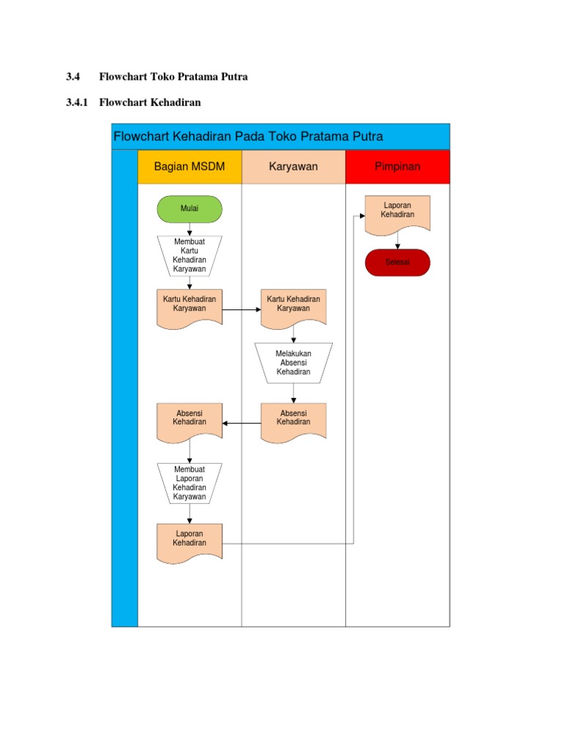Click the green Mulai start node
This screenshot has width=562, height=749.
pos(190,208)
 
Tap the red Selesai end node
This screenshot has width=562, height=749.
pos(398,262)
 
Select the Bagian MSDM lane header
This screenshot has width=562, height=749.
pos(190,167)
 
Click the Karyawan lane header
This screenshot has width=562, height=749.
pos(293,167)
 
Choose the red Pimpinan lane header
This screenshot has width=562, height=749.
pos(397,167)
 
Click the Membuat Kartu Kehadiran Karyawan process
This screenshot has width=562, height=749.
pos(190,255)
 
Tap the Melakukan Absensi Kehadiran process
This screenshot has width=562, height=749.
pos(293,363)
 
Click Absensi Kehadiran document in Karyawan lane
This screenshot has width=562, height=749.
pos(293,421)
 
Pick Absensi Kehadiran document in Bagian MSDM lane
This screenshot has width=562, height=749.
pos(190,421)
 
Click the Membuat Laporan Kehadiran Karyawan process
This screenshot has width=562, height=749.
pos(190,483)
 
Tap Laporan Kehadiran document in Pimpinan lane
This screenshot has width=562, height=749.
pos(398,213)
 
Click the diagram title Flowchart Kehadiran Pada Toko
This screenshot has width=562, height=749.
pos(249,137)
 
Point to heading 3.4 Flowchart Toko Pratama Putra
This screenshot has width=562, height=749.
pos(157,77)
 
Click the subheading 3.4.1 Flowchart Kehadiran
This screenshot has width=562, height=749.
pos(133,102)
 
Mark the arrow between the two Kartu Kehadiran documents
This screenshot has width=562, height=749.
pos(241,309)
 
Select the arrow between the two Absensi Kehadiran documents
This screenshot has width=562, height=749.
pos(241,423)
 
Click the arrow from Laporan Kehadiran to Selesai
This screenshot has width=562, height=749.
pos(398,241)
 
